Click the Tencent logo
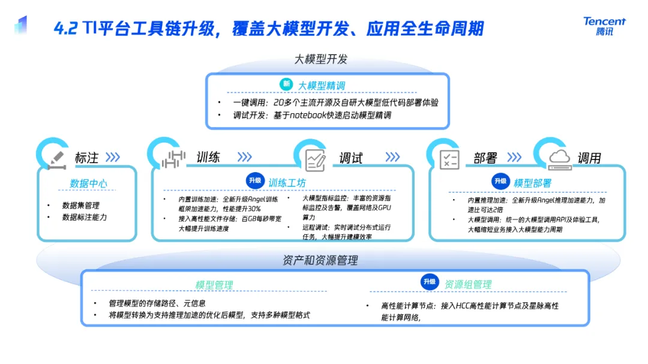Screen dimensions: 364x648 coord(604,26)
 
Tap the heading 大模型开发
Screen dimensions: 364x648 coord(321,59)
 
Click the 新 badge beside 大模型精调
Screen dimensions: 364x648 coord(287,85)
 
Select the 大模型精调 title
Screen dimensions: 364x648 coord(322,86)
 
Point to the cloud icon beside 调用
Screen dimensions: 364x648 coord(559,157)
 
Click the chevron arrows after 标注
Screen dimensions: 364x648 coord(112,158)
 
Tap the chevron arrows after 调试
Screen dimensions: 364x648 coord(392,157)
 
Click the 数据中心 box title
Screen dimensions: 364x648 coord(89,183)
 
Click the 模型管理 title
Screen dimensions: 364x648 coord(214,285)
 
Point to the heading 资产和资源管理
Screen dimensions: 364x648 coord(320,260)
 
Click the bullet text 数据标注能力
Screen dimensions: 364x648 coord(85,217)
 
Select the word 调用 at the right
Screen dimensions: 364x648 coord(589,158)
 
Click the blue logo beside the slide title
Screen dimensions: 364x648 coord(21,25)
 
